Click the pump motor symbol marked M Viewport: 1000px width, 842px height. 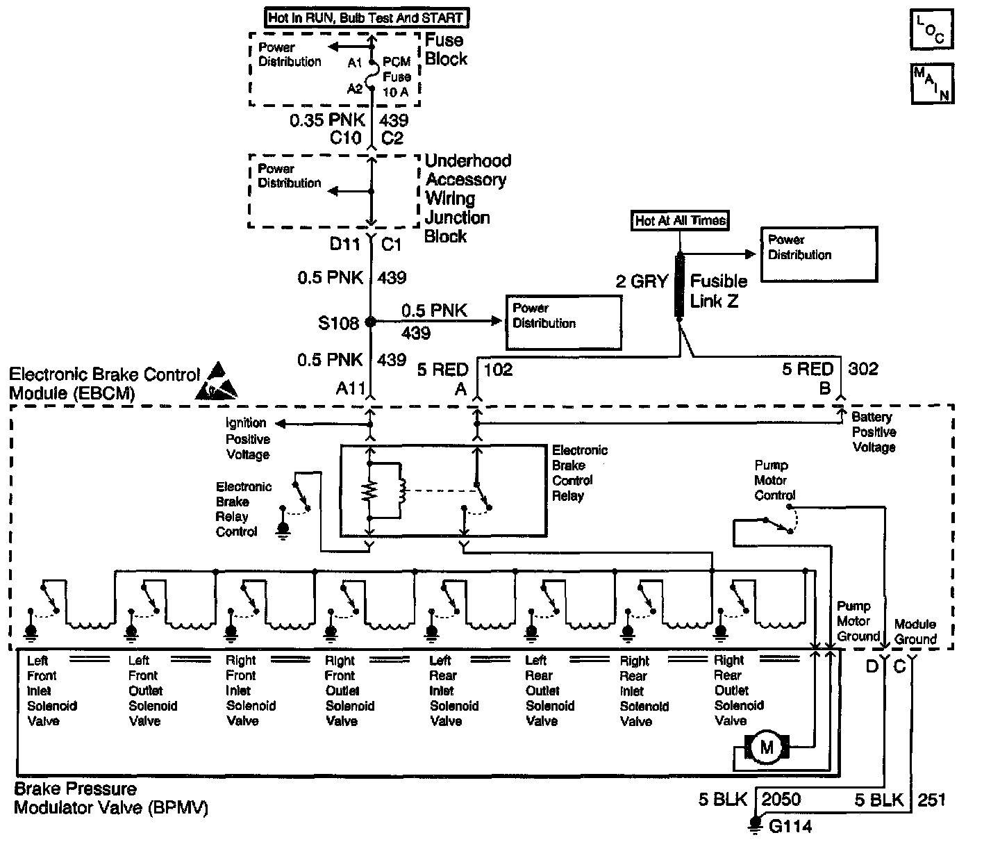tap(767, 747)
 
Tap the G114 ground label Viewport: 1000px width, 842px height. tap(791, 826)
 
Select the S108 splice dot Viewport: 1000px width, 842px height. tap(370, 322)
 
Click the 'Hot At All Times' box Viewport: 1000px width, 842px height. tap(680, 220)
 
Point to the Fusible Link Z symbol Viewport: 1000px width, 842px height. tap(680, 286)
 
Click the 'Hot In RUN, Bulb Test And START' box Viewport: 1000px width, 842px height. tap(367, 18)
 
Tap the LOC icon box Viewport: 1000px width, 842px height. tap(932, 29)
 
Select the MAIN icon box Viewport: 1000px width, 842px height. tap(933, 84)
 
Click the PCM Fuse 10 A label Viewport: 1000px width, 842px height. tap(397, 76)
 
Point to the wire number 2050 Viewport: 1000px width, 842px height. tap(781, 800)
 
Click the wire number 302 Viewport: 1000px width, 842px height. tap(863, 369)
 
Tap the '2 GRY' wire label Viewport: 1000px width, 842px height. tap(642, 281)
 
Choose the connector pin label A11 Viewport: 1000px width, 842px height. tap(350, 388)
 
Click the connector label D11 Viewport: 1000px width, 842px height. tap(344, 244)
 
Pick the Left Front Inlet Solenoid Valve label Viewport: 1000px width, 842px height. tap(51, 691)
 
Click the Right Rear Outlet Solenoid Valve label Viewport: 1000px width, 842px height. tap(739, 690)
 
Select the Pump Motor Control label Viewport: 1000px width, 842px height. tap(774, 480)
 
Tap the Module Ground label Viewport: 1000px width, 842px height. tap(915, 631)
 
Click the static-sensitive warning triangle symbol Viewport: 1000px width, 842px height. tap(217, 381)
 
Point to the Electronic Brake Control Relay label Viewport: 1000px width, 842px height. tap(579, 473)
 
